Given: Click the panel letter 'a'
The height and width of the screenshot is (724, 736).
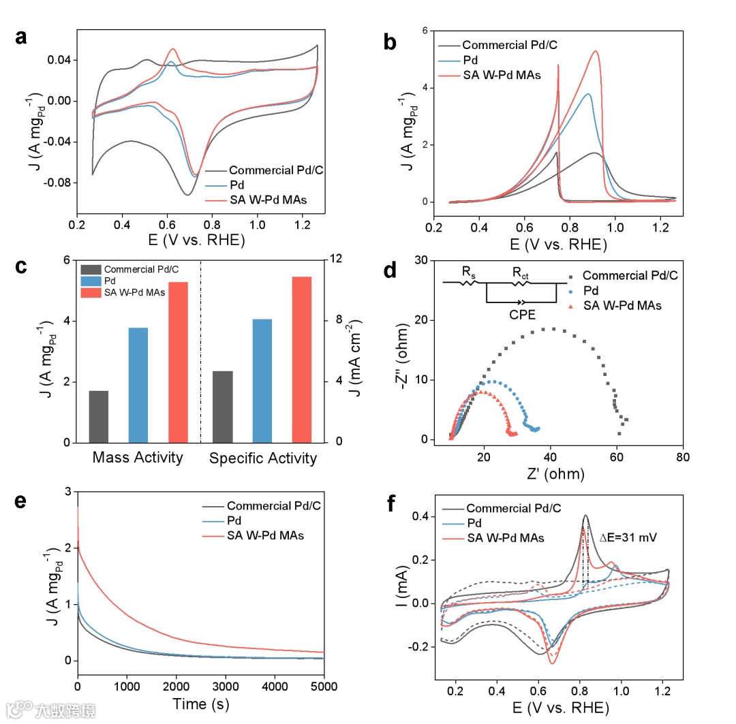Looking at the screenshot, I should [x=22, y=38].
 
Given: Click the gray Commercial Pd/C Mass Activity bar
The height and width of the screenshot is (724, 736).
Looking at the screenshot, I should [x=99, y=416].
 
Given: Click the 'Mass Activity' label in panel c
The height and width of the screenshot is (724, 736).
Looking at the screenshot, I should [x=138, y=458].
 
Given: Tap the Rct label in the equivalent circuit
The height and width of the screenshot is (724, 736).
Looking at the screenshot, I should [x=522, y=273].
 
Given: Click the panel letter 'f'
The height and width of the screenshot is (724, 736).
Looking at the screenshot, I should [x=390, y=505].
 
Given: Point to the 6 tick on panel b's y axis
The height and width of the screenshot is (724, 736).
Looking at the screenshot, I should [x=423, y=31].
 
